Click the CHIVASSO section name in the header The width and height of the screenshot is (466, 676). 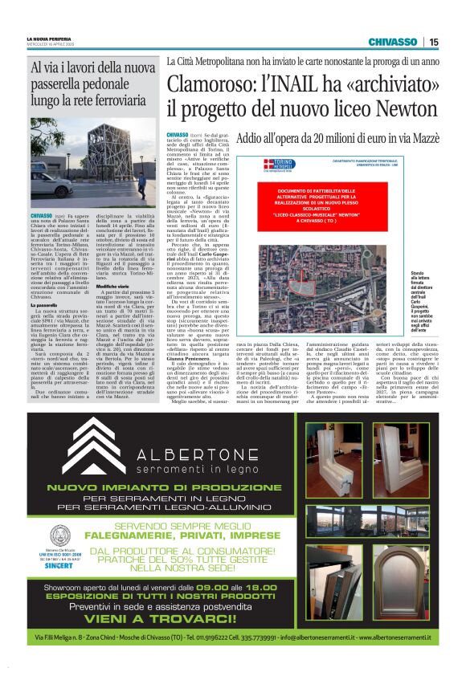click(x=392, y=42)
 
